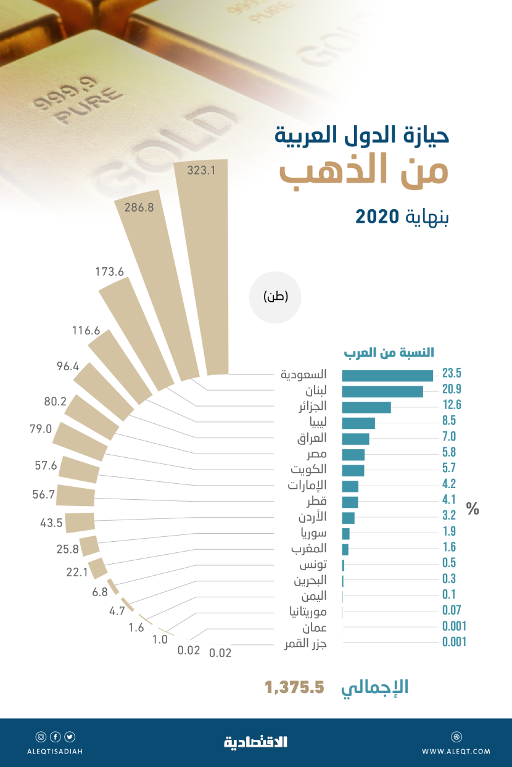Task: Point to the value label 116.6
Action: click(86, 331)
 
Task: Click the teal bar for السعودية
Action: click(387, 375)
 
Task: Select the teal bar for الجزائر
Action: click(366, 407)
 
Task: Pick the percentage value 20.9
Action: click(452, 389)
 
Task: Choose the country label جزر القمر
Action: click(305, 644)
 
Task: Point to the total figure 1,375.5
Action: click(294, 687)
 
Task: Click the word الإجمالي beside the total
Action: click(375, 687)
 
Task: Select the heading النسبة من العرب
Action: click(388, 353)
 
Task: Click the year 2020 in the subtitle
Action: click(378, 217)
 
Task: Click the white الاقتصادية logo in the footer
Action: click(255, 742)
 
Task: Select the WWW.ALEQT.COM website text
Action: click(456, 751)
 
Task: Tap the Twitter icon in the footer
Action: click(69, 737)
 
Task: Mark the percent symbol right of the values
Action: click(473, 510)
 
